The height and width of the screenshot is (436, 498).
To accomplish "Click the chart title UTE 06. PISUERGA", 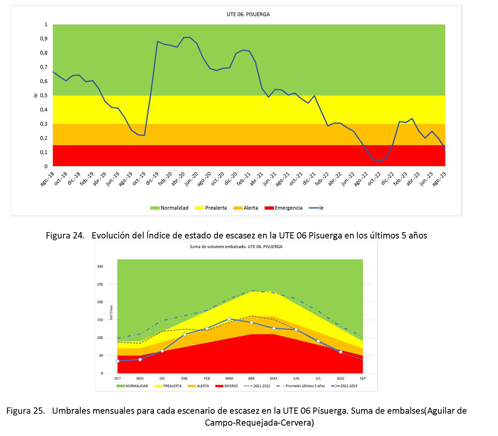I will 248,14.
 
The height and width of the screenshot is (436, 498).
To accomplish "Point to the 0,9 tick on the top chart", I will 44,39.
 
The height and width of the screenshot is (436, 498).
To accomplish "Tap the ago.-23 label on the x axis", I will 439,179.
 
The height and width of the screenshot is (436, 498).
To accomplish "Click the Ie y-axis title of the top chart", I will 35,95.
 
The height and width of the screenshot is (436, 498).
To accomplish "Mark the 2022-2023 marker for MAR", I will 229,319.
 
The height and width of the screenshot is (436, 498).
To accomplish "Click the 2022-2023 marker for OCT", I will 118,361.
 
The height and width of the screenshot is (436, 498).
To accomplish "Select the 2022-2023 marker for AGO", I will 340,352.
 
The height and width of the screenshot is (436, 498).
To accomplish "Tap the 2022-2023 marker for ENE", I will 184,335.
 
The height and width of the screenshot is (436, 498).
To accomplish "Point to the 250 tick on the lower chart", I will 100,284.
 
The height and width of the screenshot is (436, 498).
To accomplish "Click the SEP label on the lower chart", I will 363,379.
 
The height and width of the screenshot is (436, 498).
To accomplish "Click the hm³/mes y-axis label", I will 111,312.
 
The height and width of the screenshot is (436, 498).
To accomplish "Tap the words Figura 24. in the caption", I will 65,235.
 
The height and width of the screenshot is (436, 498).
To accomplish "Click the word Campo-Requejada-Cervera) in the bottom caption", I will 259,423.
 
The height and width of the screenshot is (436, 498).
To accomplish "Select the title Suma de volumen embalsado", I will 236,247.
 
